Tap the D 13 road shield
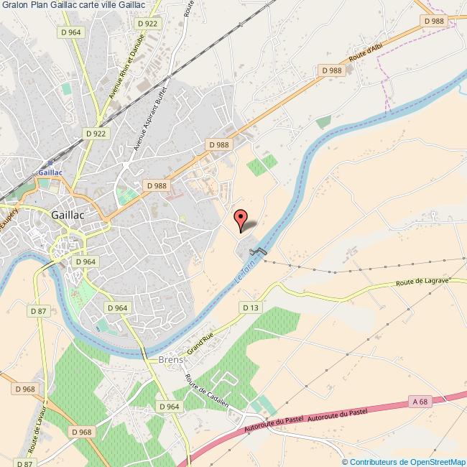coord(250,308)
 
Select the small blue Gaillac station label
coord(50,173)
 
